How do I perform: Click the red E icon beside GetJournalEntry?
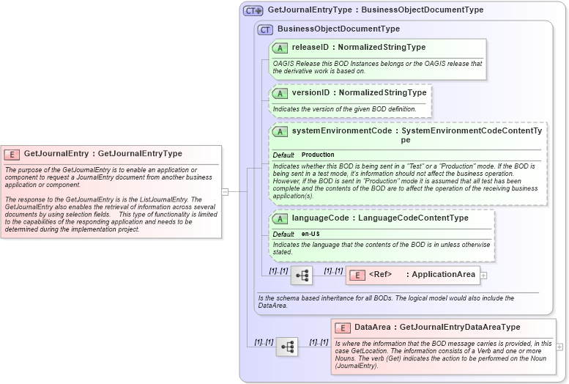coord(12,154)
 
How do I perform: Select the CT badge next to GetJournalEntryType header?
coord(253,11)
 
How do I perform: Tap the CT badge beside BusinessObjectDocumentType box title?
coord(265,29)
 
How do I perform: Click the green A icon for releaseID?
coord(280,48)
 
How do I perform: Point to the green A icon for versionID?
coord(280,93)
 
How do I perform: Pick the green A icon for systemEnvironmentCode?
coord(280,132)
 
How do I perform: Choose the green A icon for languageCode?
coord(280,218)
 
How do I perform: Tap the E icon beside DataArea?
coord(342,328)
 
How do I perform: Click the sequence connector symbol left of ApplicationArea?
coord(301,275)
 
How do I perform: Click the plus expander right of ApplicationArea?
coord(483,276)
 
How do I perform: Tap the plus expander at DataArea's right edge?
coord(559,347)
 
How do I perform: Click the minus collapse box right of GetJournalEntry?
coord(225,192)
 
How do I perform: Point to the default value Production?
coord(318,155)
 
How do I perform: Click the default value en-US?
coord(310,234)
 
